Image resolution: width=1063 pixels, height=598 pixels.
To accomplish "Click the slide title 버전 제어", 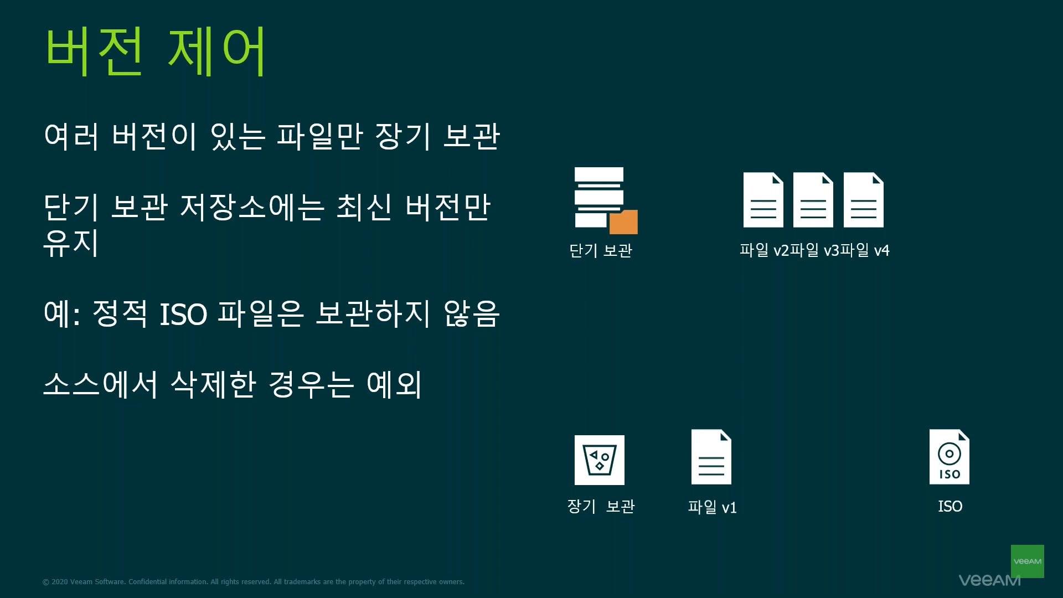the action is click(156, 51).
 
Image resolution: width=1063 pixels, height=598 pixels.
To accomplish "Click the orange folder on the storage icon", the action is click(624, 222).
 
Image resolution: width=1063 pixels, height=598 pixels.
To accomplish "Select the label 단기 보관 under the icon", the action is click(601, 251).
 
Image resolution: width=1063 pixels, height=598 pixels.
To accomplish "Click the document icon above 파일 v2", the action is click(763, 200).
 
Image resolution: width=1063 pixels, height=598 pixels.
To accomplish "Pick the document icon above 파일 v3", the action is click(813, 200).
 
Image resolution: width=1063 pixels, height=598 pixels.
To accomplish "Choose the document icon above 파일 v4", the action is click(863, 200).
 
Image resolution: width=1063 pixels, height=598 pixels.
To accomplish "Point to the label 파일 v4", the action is click(865, 251).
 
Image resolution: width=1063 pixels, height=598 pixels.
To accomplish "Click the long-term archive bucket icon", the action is click(600, 460).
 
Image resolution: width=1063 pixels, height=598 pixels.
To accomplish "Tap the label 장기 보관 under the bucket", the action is click(601, 507).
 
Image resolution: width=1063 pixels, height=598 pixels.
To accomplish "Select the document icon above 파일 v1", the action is click(711, 457).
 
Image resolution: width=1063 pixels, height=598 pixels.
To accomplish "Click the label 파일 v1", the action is click(712, 507).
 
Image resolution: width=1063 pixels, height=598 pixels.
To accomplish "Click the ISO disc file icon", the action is click(950, 457).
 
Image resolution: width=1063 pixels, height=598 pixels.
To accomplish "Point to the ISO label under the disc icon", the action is click(950, 507).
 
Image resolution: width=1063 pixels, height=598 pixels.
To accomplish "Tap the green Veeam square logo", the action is click(1028, 561).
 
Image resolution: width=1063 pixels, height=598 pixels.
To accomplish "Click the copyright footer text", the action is click(254, 582).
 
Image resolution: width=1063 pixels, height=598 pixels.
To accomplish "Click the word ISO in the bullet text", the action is click(183, 315).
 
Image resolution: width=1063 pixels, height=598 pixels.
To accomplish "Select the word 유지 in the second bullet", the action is click(71, 243).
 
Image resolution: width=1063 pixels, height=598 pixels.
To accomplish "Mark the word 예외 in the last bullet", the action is click(394, 384).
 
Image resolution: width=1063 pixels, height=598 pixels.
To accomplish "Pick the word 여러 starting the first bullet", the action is click(71, 136).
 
